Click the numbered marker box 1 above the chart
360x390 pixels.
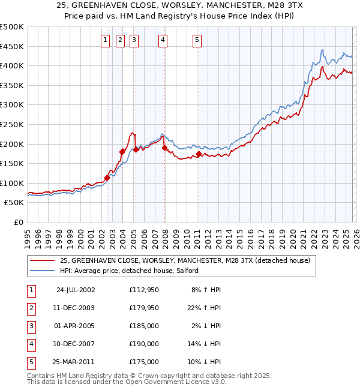point(106,40)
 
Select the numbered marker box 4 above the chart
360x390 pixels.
point(163,40)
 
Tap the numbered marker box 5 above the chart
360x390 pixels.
point(197,40)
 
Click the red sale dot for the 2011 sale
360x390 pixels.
point(199,154)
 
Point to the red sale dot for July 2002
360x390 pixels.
point(107,178)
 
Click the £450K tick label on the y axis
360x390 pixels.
point(12,46)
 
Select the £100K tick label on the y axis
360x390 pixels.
point(12,183)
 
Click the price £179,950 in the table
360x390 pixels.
point(144,308)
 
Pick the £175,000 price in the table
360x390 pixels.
point(144,362)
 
